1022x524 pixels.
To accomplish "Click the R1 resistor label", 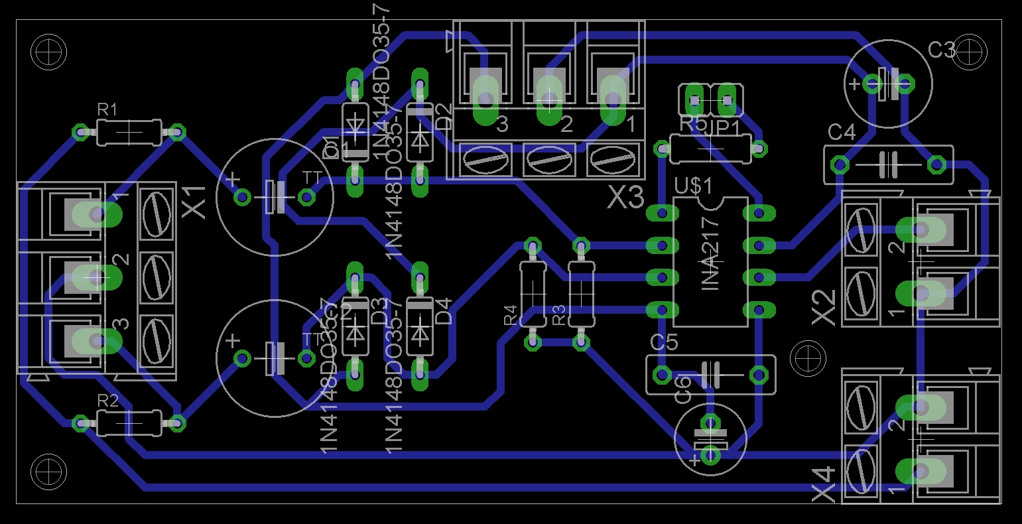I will tap(107, 110).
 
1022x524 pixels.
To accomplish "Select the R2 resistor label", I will tap(107, 400).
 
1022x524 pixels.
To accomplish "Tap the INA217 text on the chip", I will tap(710, 254).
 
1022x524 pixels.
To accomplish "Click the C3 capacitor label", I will tap(941, 50).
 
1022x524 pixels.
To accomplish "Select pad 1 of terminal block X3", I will tap(612, 99).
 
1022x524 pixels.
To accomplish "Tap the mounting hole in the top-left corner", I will tap(49, 52).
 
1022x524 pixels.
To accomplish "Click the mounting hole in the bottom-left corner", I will tap(49, 472).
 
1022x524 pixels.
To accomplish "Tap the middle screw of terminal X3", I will tap(548, 161).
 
